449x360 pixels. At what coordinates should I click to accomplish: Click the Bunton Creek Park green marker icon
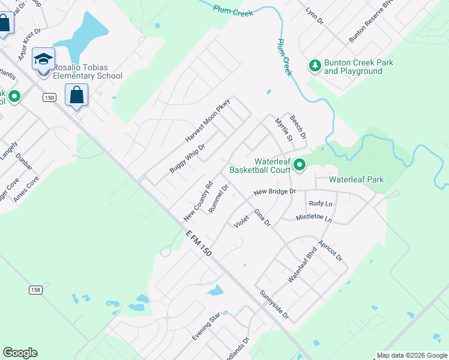pyautogui.click(x=315, y=65)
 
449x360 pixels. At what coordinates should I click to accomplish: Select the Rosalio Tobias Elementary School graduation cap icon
pyautogui.click(x=43, y=59)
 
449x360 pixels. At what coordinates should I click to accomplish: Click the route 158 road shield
pyautogui.click(x=35, y=290)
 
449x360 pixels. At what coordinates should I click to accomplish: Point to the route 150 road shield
pyautogui.click(x=49, y=97)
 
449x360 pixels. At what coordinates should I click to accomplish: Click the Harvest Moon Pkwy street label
pyautogui.click(x=208, y=120)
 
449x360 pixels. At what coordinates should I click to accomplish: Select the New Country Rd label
pyautogui.click(x=199, y=200)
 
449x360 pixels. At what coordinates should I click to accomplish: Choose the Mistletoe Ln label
pyautogui.click(x=313, y=220)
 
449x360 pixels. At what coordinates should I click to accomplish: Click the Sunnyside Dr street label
pyautogui.click(x=274, y=305)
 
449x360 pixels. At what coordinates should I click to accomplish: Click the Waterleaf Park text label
pyautogui.click(x=357, y=179)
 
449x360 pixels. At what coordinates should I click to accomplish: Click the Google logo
pyautogui.click(x=20, y=353)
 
